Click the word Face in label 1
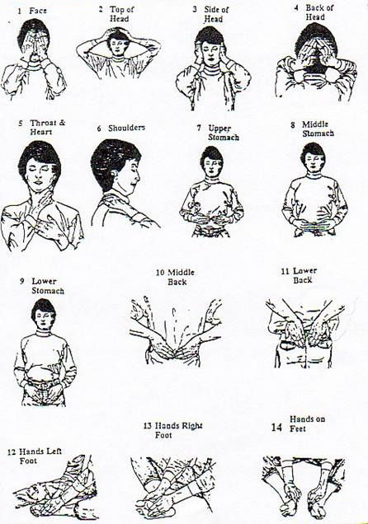(x=38, y=11)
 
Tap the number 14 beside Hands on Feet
(x=276, y=428)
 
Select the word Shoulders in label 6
(x=126, y=128)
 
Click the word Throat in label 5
(x=44, y=123)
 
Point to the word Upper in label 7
(x=219, y=129)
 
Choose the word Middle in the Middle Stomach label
(x=315, y=124)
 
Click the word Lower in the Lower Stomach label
(x=45, y=282)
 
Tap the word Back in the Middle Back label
(x=177, y=282)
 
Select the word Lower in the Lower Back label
(x=304, y=271)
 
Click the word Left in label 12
(x=54, y=451)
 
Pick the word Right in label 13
(x=191, y=426)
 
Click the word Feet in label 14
(x=298, y=428)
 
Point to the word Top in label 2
(x=116, y=9)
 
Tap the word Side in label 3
(x=210, y=9)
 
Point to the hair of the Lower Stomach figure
(x=42, y=306)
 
